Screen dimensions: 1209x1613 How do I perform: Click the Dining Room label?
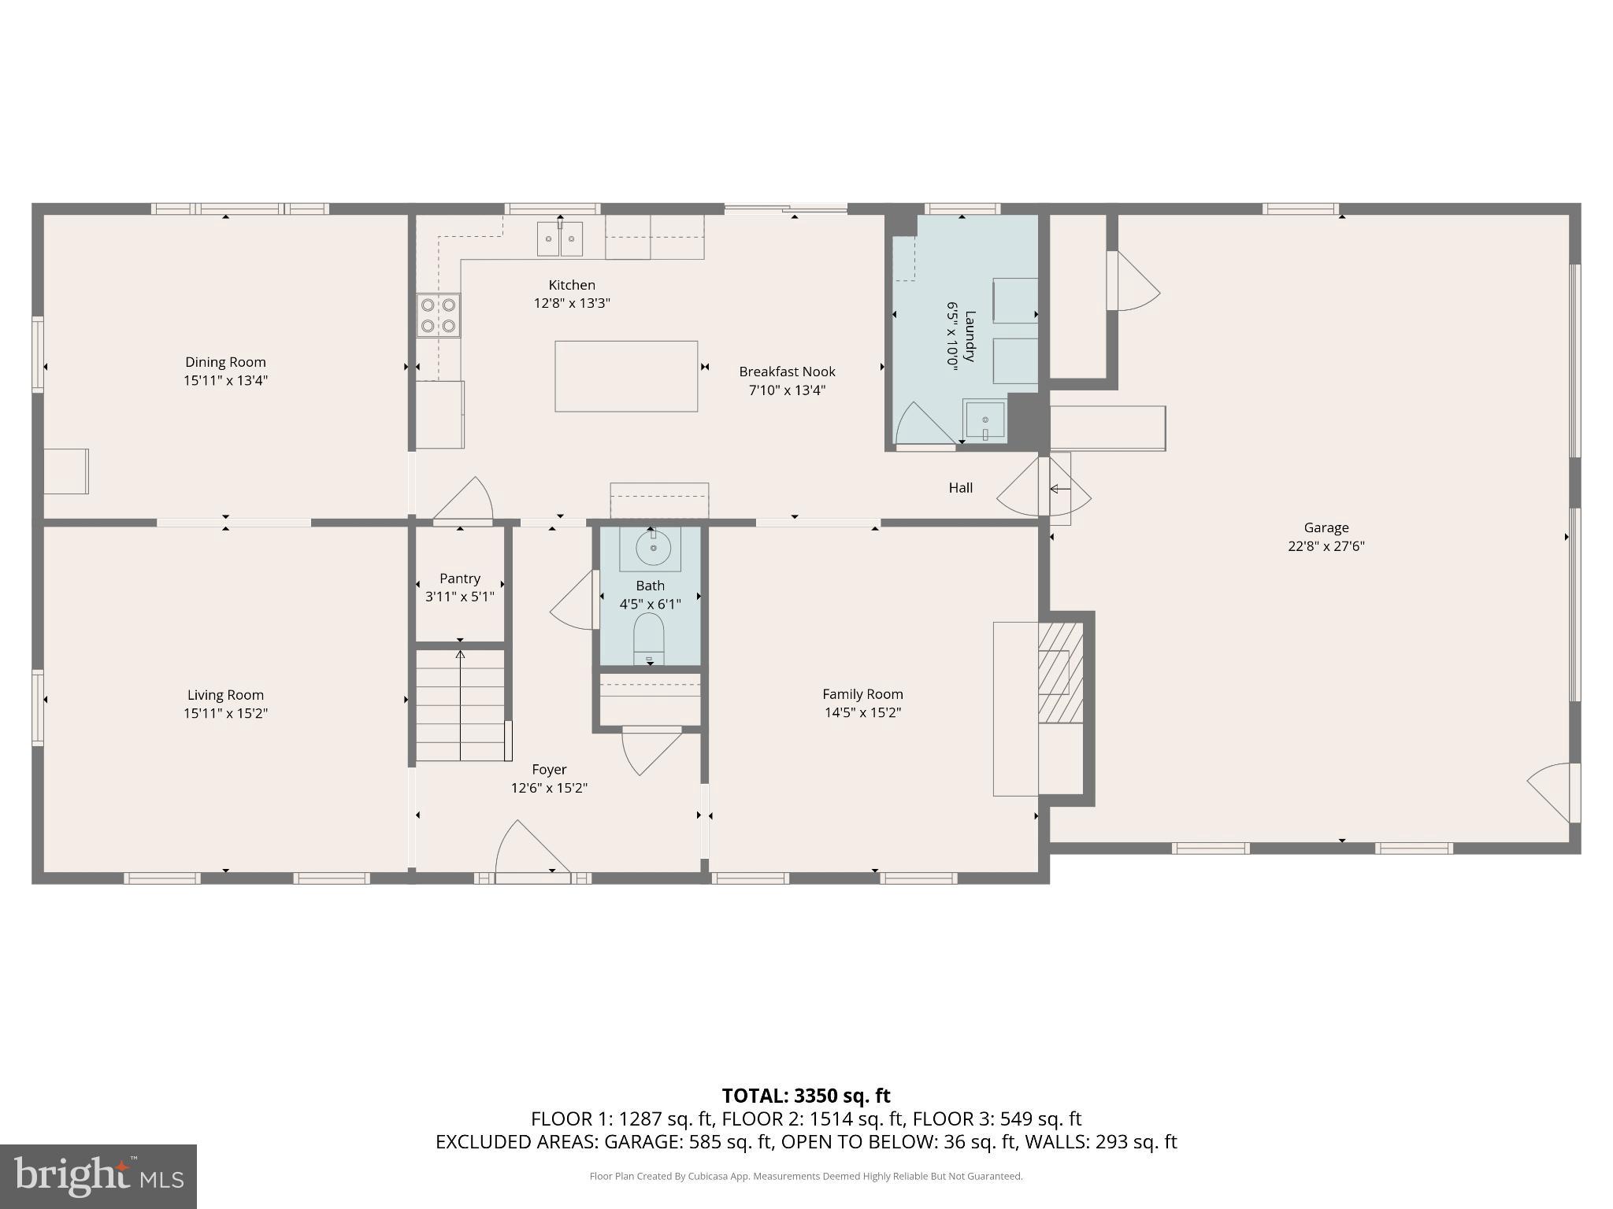pyautogui.click(x=225, y=362)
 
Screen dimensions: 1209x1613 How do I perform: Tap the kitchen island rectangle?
pyautogui.click(x=626, y=376)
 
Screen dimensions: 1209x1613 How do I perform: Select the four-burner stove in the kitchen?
pyautogui.click(x=439, y=315)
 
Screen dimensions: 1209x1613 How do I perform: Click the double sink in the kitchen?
pyautogui.click(x=560, y=238)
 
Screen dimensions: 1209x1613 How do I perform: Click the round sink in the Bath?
pyautogui.click(x=653, y=548)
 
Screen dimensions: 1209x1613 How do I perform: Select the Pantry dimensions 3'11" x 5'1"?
pyautogui.click(x=459, y=597)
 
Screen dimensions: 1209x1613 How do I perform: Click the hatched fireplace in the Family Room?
pyautogui.click(x=1060, y=673)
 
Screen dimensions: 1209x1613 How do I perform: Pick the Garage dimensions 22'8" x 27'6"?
pyautogui.click(x=1326, y=546)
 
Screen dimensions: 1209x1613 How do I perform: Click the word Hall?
pyautogui.click(x=960, y=488)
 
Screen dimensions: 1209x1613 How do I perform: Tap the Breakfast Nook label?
pyautogui.click(x=787, y=372)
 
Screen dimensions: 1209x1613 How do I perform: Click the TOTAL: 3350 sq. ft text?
pyautogui.click(x=806, y=1096)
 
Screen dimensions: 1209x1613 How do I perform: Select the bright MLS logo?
pyautogui.click(x=98, y=1177)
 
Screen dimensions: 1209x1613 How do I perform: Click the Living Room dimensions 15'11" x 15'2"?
pyautogui.click(x=225, y=714)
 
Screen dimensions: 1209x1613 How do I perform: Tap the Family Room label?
pyautogui.click(x=862, y=694)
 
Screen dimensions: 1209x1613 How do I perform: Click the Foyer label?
pyautogui.click(x=549, y=770)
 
